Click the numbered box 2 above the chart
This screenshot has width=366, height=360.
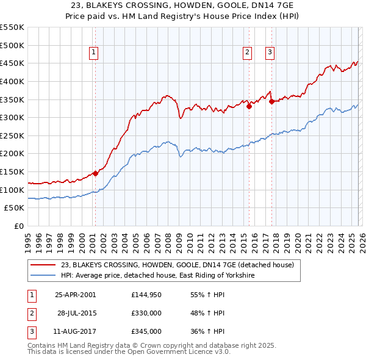pyautogui.click(x=248, y=53)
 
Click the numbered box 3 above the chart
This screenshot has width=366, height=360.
pyautogui.click(x=270, y=53)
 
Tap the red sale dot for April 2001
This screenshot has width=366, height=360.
pyautogui.click(x=96, y=173)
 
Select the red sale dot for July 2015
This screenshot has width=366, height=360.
pyautogui.click(x=249, y=106)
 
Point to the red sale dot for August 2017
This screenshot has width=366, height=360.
pyautogui.click(x=271, y=101)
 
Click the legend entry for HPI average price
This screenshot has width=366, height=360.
pyautogui.click(x=157, y=275)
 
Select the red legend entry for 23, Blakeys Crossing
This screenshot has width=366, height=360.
pyautogui.click(x=177, y=265)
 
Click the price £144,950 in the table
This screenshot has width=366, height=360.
pyautogui.click(x=146, y=295)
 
